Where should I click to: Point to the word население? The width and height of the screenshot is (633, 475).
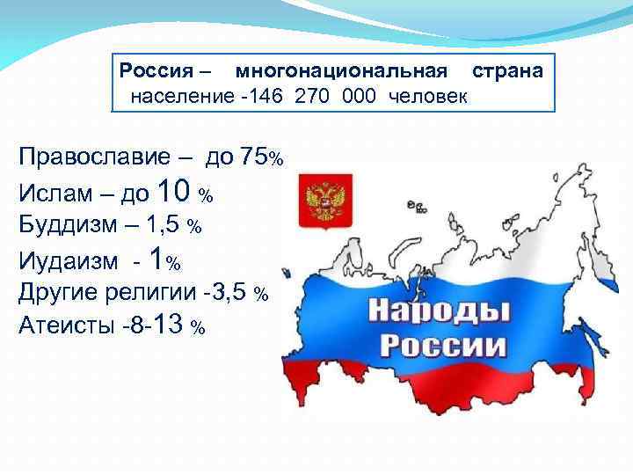[x=175, y=95]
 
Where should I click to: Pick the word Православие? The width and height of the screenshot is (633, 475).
[x=93, y=157]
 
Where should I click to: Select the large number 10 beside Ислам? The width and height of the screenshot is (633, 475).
[x=173, y=189]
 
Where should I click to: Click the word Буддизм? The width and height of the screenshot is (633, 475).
[x=65, y=225]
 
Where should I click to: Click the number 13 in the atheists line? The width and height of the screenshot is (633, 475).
[x=168, y=325]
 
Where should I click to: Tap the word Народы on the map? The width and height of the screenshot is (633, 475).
[x=437, y=310]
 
